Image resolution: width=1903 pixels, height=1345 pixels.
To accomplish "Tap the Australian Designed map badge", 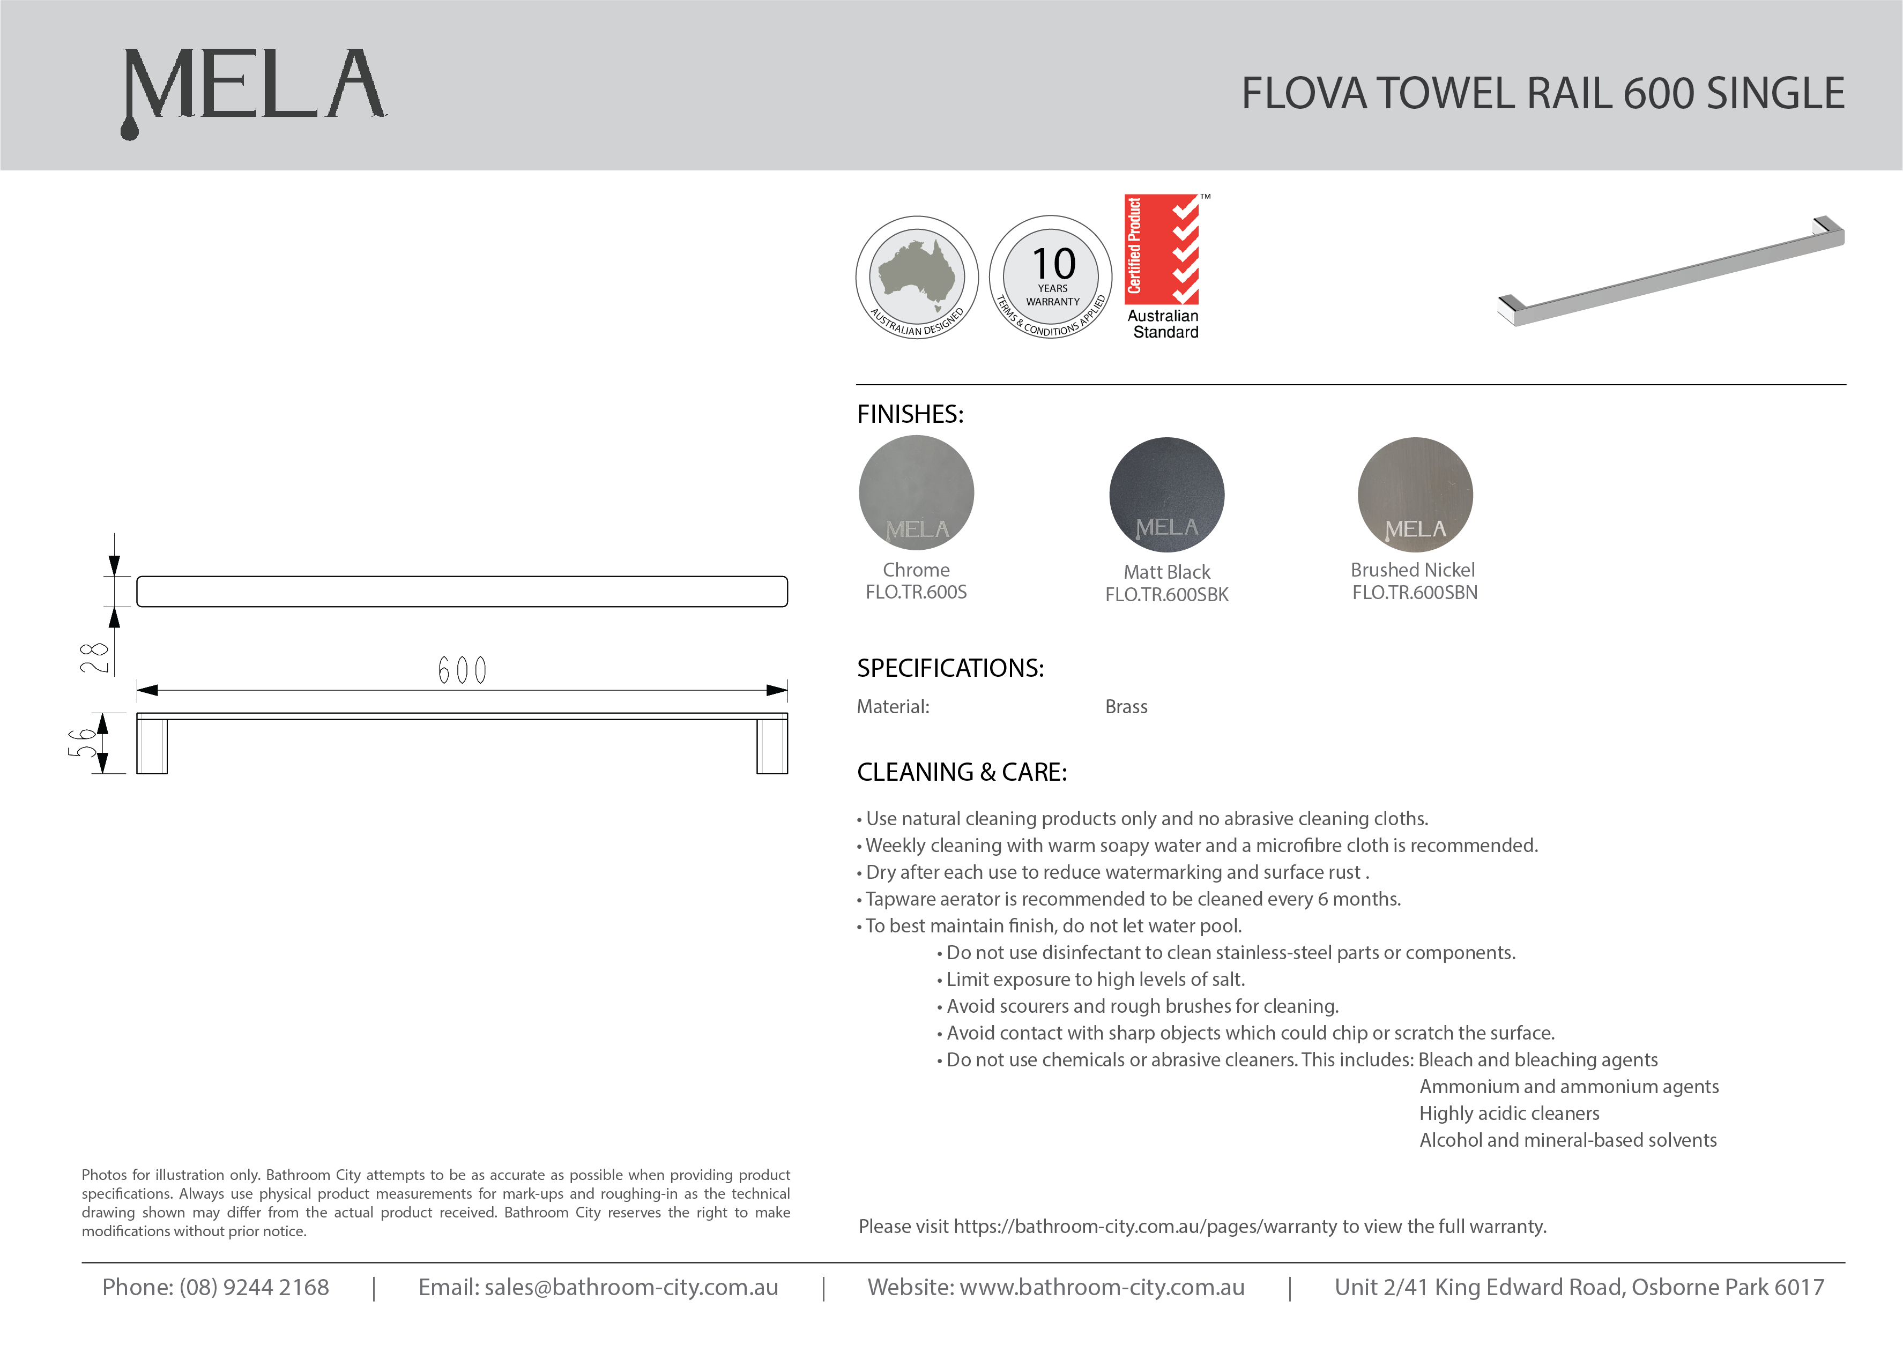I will pos(917,277).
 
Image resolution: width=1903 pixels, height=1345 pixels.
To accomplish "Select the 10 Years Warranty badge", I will pos(1051,277).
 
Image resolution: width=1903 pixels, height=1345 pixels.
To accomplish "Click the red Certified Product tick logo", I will pos(1162,249).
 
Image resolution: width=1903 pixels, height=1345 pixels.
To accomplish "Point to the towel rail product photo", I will pos(1671,272).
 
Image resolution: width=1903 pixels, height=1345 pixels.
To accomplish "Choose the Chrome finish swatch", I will pos(916,493).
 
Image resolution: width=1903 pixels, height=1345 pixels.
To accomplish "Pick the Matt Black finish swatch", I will pos(1166,495).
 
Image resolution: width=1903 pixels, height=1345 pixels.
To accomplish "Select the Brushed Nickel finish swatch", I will pos(1415,495).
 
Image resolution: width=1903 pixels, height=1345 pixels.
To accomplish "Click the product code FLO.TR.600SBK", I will pos(1166,595).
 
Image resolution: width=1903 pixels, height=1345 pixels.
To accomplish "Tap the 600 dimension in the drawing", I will pos(462,670).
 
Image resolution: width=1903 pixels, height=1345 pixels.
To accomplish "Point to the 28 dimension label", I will pos(94,657).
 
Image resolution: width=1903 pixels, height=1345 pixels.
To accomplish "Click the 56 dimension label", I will pos(82,743).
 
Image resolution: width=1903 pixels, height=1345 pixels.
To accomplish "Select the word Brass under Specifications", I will pos(1126,707).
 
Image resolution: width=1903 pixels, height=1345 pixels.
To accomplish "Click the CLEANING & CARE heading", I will pos(962,772).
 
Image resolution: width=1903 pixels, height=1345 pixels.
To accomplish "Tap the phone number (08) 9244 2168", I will pos(254,1287).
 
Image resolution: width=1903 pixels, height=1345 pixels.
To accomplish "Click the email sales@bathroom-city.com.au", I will pos(631,1287).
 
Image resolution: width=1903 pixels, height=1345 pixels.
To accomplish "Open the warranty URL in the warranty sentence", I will pos(1147,1227).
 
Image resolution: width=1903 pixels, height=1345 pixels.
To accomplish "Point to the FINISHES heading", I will pos(910,414).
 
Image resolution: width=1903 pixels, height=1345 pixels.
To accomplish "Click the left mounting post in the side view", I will pos(152,746).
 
